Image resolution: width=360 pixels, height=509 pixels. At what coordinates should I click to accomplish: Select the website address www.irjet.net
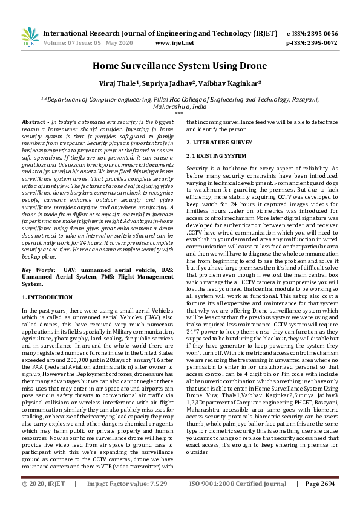(174, 43)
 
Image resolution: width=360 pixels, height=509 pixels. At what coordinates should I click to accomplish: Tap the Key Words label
(38, 269)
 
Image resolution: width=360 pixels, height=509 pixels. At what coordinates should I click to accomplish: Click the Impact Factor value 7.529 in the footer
(156, 501)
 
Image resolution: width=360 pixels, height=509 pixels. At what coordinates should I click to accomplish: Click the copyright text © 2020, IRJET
(44, 501)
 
